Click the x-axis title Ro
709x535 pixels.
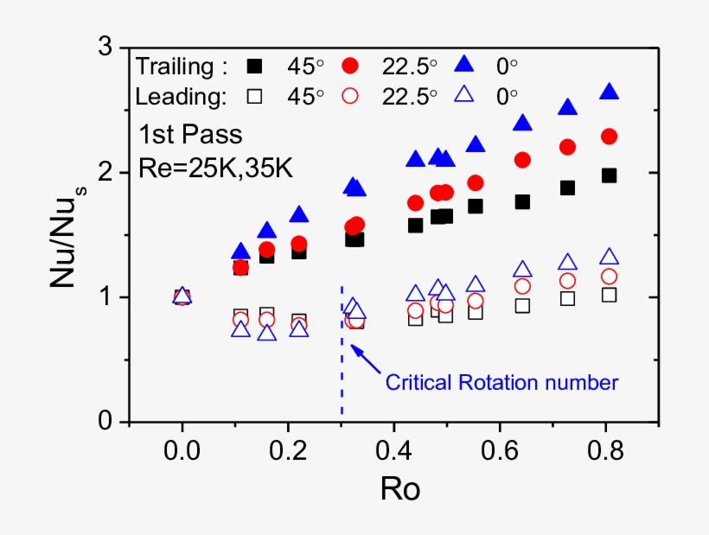pos(400,489)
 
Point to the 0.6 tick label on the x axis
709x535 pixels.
pos(501,450)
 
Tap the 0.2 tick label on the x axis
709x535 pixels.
pos(287,450)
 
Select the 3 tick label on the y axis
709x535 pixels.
pos(107,48)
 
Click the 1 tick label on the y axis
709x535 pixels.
pos(107,297)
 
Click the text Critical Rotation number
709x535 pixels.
pos(501,381)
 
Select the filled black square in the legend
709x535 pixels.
pos(254,65)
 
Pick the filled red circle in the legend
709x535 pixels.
pos(350,65)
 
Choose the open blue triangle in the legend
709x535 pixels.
pos(463,96)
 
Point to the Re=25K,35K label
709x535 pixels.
pos(216,167)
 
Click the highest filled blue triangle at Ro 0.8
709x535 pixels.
pos(609,92)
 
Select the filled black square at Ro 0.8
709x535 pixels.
pos(609,175)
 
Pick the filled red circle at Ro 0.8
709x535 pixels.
pos(609,137)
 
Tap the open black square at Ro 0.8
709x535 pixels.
pos(609,295)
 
